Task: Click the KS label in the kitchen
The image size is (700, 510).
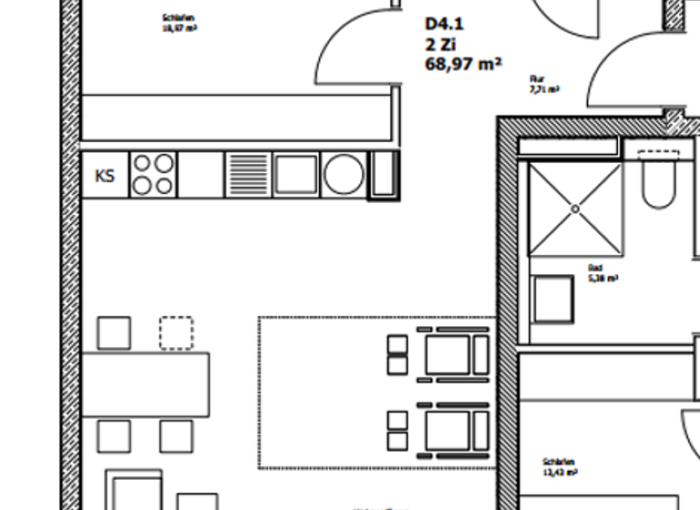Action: (x=105, y=175)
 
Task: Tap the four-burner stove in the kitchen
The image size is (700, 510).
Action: (x=152, y=174)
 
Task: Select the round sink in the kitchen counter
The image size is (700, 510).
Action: (x=344, y=174)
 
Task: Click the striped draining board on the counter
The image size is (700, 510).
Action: (x=248, y=174)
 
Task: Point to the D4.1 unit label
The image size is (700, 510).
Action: (x=444, y=25)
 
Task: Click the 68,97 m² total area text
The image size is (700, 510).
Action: (x=463, y=65)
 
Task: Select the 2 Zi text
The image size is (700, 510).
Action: (x=440, y=45)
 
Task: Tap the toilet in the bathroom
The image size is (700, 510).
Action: (x=657, y=181)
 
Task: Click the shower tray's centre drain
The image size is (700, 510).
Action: (x=575, y=209)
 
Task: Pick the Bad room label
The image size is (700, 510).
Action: (x=596, y=269)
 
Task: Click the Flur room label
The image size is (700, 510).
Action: (x=537, y=80)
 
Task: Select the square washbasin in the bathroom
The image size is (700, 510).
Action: (x=553, y=299)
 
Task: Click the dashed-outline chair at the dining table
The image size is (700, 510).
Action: (x=176, y=332)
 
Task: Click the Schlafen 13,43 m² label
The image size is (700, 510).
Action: (x=558, y=466)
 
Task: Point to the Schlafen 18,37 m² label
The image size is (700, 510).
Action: (x=180, y=23)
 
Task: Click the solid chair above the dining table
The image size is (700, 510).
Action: (x=114, y=332)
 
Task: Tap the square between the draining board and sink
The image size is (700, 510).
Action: (x=296, y=174)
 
